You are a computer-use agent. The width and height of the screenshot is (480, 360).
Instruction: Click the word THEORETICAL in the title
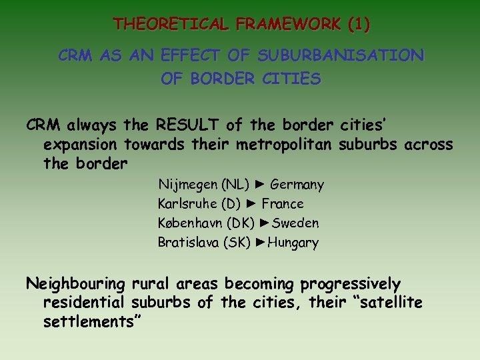[x=156, y=25]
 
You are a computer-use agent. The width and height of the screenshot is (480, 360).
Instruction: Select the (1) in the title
[x=358, y=25]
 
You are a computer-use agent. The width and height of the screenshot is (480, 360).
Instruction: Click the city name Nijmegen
[x=186, y=185]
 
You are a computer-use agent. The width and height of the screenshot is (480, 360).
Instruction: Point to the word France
[x=283, y=204]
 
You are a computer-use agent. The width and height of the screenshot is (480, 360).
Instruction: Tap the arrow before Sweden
[x=264, y=223]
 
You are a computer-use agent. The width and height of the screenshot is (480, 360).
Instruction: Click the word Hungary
[x=293, y=243]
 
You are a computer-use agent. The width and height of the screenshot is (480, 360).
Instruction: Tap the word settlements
[x=92, y=323]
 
